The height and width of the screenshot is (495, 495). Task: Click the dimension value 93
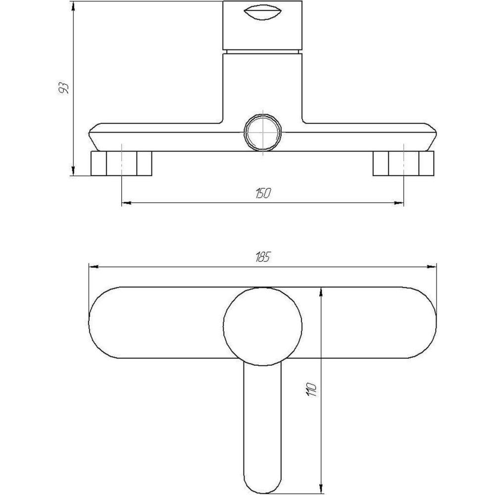(x=64, y=89)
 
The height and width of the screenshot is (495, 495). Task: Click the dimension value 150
(x=263, y=193)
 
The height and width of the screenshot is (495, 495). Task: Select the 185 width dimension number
(x=263, y=257)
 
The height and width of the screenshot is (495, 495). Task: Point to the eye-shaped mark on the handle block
(x=262, y=13)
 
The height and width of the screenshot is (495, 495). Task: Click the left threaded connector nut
(x=121, y=163)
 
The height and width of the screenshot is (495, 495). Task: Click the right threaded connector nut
(x=403, y=163)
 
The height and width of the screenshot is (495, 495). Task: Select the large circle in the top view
(x=262, y=326)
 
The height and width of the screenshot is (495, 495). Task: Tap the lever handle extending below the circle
(x=262, y=426)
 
